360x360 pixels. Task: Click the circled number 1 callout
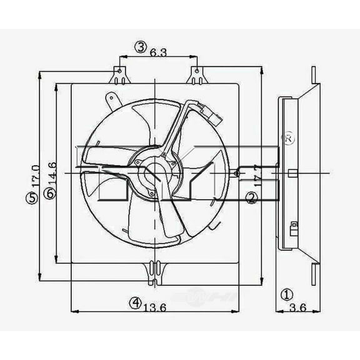286,294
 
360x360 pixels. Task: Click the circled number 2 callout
251,199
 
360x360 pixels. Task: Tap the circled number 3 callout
141,46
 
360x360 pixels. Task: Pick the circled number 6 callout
50,194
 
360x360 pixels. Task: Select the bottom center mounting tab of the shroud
152,270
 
